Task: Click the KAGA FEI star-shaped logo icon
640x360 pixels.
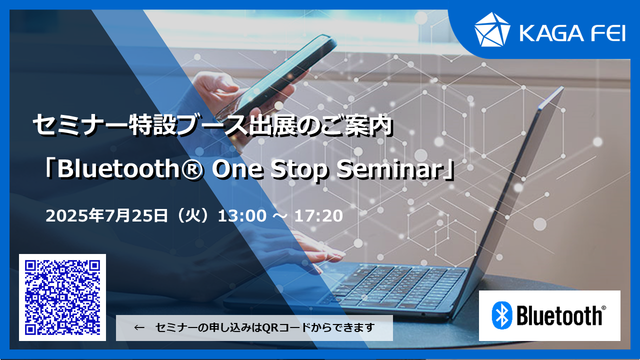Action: pyautogui.click(x=492, y=29)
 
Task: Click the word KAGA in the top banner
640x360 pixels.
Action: pyautogui.click(x=551, y=33)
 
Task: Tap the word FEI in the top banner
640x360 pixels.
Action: pyautogui.click(x=608, y=33)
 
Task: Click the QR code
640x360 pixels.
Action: pyautogui.click(x=62, y=297)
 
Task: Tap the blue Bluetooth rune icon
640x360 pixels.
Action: pyautogui.click(x=501, y=315)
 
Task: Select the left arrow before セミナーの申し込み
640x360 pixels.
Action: pyautogui.click(x=139, y=327)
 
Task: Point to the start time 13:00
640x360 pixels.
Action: pyautogui.click(x=242, y=215)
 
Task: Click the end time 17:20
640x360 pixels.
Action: pyautogui.click(x=318, y=215)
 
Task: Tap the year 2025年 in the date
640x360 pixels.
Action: pyautogui.click(x=75, y=215)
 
